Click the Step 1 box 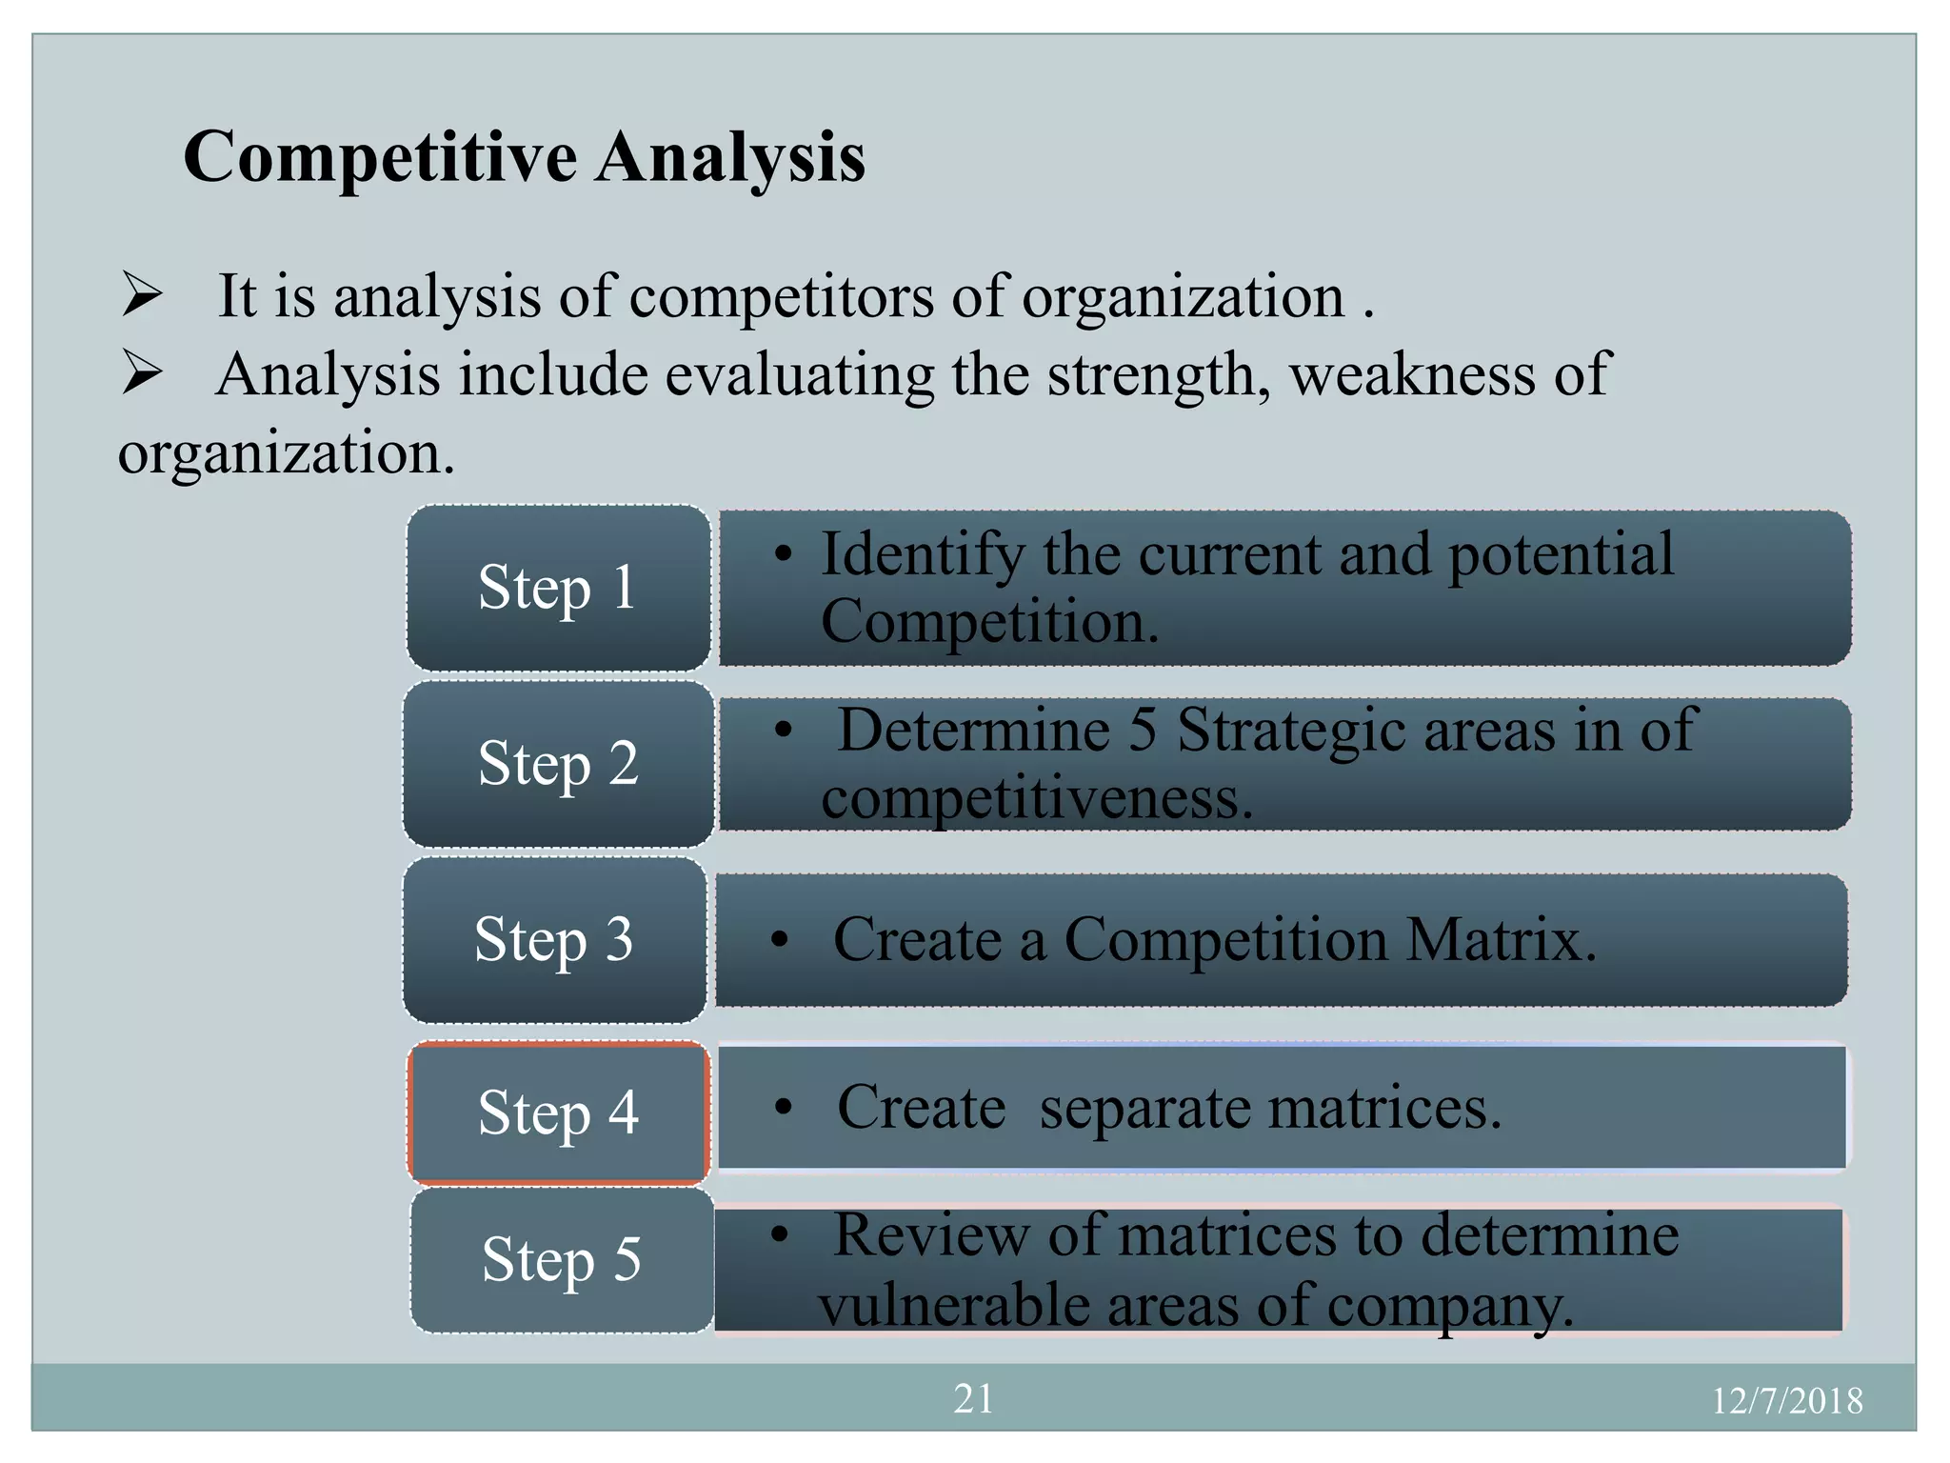(558, 588)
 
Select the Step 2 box (558, 764)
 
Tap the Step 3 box (554, 940)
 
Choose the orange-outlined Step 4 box (558, 1112)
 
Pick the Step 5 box (562, 1260)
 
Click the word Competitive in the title (380, 157)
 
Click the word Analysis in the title (730, 157)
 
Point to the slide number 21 (973, 1399)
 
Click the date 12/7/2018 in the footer (1786, 1401)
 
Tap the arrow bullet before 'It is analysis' (142, 295)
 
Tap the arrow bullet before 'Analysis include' (142, 373)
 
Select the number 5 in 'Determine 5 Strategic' (1143, 731)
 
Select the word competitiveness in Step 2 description (1036, 798)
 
